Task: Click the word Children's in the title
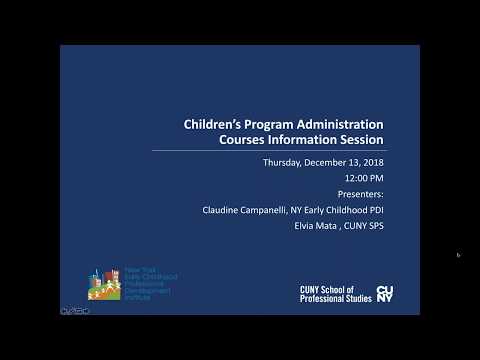click(x=213, y=125)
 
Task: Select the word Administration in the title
click(x=338, y=125)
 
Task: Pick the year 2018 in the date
click(x=371, y=162)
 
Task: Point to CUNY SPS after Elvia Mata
click(x=363, y=226)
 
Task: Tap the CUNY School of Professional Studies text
click(x=333, y=293)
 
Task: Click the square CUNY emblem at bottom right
click(x=385, y=293)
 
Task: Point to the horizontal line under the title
click(x=267, y=151)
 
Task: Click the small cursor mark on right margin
click(x=458, y=255)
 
